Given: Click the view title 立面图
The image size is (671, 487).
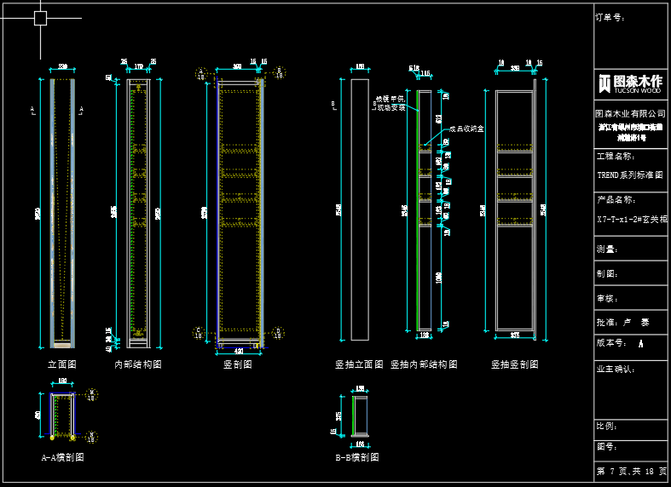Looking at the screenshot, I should [x=62, y=364].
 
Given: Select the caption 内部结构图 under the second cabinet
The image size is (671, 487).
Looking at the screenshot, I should [x=138, y=364].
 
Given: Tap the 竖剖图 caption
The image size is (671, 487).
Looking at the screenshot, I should [x=237, y=364].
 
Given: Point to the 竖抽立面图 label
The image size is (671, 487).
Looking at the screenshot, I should [x=359, y=364].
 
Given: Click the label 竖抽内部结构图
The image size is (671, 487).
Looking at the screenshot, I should [x=424, y=364].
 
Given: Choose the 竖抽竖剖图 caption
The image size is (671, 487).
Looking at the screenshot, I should [x=514, y=364].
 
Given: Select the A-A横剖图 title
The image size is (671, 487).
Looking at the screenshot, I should [x=63, y=457].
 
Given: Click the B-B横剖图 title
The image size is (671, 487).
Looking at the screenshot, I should [x=357, y=457].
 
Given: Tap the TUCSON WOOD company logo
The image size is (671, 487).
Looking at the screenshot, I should [x=630, y=83].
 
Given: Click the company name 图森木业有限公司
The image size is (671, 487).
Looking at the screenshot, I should [x=630, y=113].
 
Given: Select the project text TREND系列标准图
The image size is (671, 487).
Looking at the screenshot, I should [x=630, y=175].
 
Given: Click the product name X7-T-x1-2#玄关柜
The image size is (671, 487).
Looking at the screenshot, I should [x=630, y=218].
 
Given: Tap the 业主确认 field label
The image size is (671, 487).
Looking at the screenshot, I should [x=616, y=369].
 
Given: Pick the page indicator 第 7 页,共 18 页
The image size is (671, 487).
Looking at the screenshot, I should [x=630, y=471].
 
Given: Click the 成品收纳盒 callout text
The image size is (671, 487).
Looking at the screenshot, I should [x=466, y=129].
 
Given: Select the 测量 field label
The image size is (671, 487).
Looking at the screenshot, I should [x=607, y=249].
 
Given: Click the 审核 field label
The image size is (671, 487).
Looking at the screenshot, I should [x=607, y=299].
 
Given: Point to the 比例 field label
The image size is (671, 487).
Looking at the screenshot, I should [x=607, y=426].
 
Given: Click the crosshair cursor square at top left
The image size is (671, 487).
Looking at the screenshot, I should [x=40, y=18].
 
